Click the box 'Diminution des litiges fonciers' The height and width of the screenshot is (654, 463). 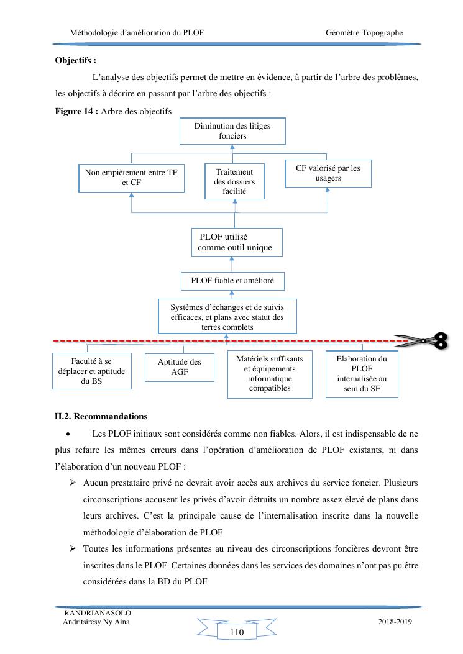tap(232, 130)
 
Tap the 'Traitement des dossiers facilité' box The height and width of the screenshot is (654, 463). tap(234, 181)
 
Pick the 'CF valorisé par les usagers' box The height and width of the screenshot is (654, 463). tap(328, 173)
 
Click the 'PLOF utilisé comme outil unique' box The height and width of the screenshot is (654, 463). tap(235, 242)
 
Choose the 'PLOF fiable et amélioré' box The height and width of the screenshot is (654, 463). tap(232, 281)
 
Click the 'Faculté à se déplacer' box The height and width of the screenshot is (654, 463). tap(91, 371)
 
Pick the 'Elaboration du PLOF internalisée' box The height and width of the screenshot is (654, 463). tap(361, 374)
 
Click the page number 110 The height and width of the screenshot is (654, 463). tap(236, 632)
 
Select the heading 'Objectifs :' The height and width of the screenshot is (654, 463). tap(76, 61)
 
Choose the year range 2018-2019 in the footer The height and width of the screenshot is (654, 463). tap(395, 622)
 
